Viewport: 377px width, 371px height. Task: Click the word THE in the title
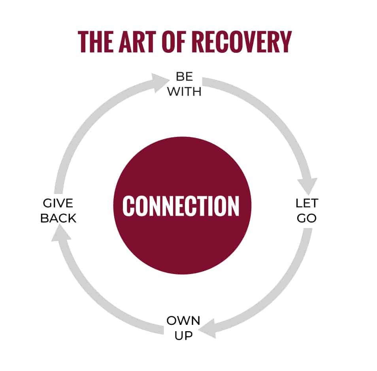pos(96,42)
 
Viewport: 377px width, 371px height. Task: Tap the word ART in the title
pos(138,42)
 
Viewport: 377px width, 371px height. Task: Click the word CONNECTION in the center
pos(181,206)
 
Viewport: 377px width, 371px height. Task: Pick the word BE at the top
pos(184,76)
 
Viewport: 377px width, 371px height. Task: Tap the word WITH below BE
pos(184,91)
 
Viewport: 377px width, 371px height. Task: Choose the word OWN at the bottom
pos(183,320)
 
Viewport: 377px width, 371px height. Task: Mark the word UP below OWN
pos(183,336)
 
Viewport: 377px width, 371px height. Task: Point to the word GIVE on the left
pos(58,203)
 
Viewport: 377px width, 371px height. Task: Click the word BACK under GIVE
pos(58,218)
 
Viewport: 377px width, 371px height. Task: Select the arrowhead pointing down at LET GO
pos(307,186)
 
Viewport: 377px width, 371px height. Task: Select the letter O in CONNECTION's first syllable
pos(142,206)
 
